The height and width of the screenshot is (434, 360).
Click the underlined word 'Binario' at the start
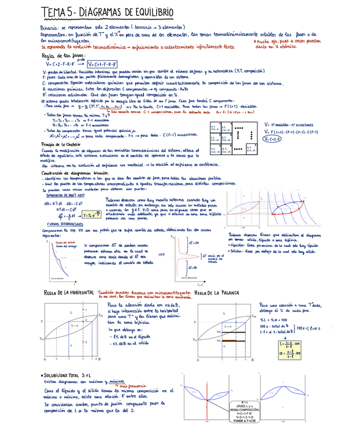[x=49, y=28]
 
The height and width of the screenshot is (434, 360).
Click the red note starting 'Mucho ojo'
[x=287, y=42]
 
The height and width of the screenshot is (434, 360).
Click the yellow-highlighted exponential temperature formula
[x=90, y=215]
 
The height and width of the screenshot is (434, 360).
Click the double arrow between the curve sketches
[x=162, y=254]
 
